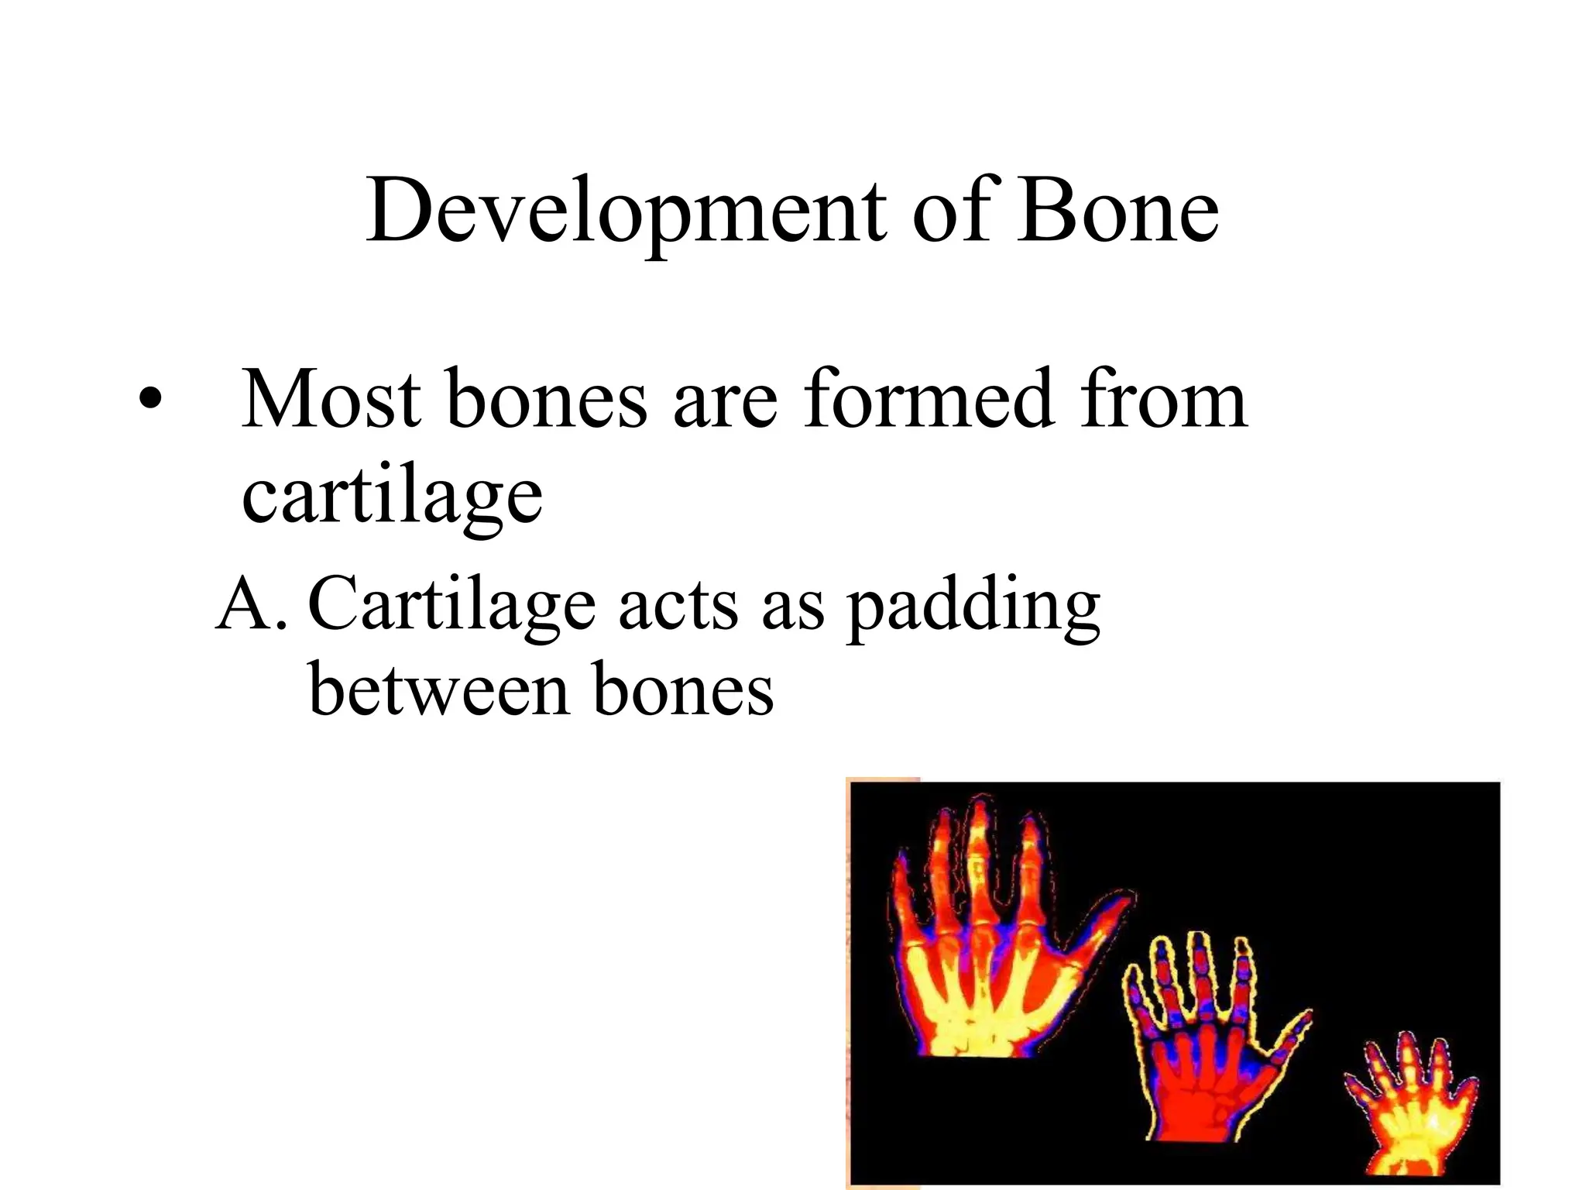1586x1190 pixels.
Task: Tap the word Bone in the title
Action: point(1118,211)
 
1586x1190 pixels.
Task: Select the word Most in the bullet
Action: point(331,400)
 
